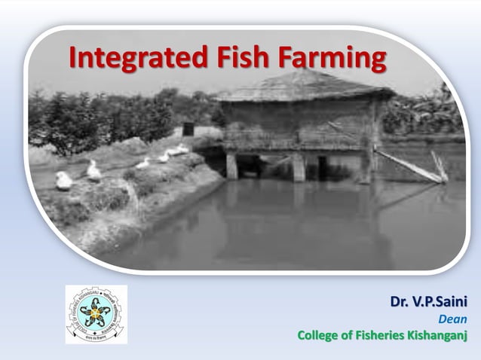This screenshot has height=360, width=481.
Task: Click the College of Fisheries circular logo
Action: coord(96,314)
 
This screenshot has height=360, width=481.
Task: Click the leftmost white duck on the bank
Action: coord(64,181)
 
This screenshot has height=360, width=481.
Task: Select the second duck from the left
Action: coord(93,172)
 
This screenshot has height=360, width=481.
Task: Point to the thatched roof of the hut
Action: coord(302,87)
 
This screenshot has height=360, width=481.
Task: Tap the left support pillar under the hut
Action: coord(232,165)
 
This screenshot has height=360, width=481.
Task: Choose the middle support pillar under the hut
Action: coord(299,167)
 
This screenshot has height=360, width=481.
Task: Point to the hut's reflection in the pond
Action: coord(302,218)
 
